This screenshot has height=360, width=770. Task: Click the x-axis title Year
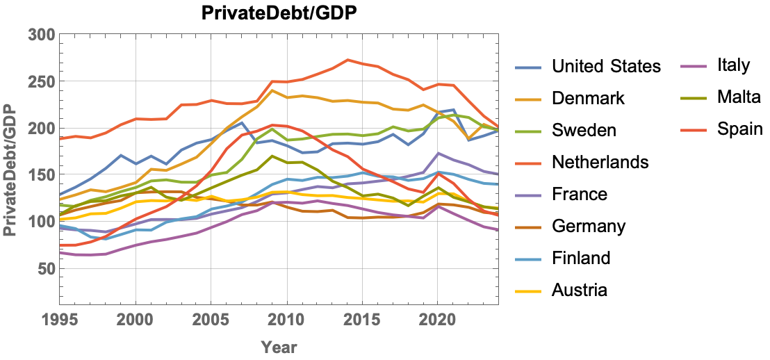tap(279, 347)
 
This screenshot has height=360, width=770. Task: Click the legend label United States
tap(606, 67)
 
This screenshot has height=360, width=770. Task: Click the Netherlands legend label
tap(600, 162)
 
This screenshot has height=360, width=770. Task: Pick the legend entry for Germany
tap(589, 226)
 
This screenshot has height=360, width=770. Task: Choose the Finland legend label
tap(581, 258)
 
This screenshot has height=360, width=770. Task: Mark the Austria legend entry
tap(580, 290)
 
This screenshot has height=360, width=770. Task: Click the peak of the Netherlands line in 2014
tap(348, 60)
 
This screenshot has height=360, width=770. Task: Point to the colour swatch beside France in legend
tap(530, 195)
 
